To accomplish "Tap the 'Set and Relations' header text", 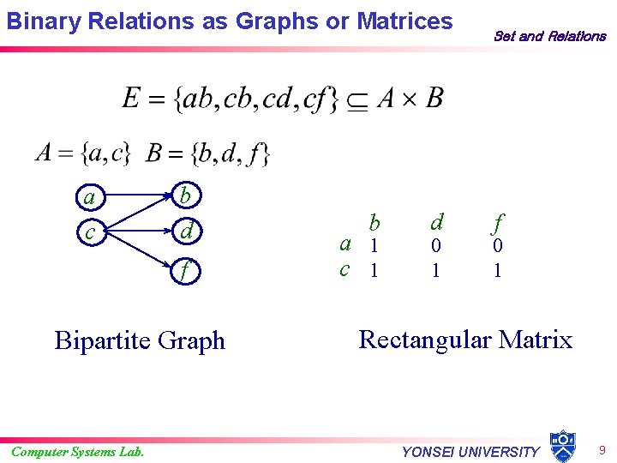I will pos(549,36).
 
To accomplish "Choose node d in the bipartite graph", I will pos(186,231).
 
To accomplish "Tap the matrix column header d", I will pos(437,223).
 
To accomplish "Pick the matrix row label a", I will pos(344,244).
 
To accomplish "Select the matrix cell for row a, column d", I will pos(436,245).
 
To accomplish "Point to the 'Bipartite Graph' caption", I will pos(140,340).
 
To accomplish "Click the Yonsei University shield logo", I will pos(562,446).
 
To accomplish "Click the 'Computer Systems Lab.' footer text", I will pos(78,452).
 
